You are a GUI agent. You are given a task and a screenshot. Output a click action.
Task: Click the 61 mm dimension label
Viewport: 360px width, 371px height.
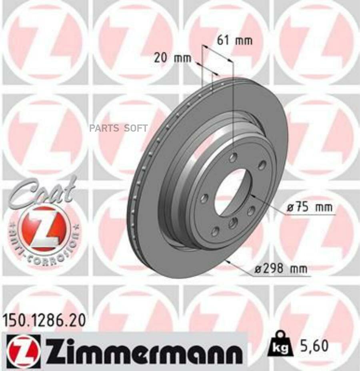point(234,40)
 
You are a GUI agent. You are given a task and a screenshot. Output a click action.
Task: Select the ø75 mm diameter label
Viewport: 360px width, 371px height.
point(310,208)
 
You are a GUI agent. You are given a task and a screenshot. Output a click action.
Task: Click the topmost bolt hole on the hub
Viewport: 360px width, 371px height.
point(233,158)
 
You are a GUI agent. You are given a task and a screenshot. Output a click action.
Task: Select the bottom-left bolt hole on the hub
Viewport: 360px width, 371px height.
point(215,231)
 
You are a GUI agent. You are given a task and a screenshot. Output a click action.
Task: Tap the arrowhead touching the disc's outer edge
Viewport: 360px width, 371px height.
point(228,261)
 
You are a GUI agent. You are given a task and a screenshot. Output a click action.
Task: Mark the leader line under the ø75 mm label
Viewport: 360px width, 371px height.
point(310,215)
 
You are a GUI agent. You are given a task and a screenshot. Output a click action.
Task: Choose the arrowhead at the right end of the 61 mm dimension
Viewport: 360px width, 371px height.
point(231,60)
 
